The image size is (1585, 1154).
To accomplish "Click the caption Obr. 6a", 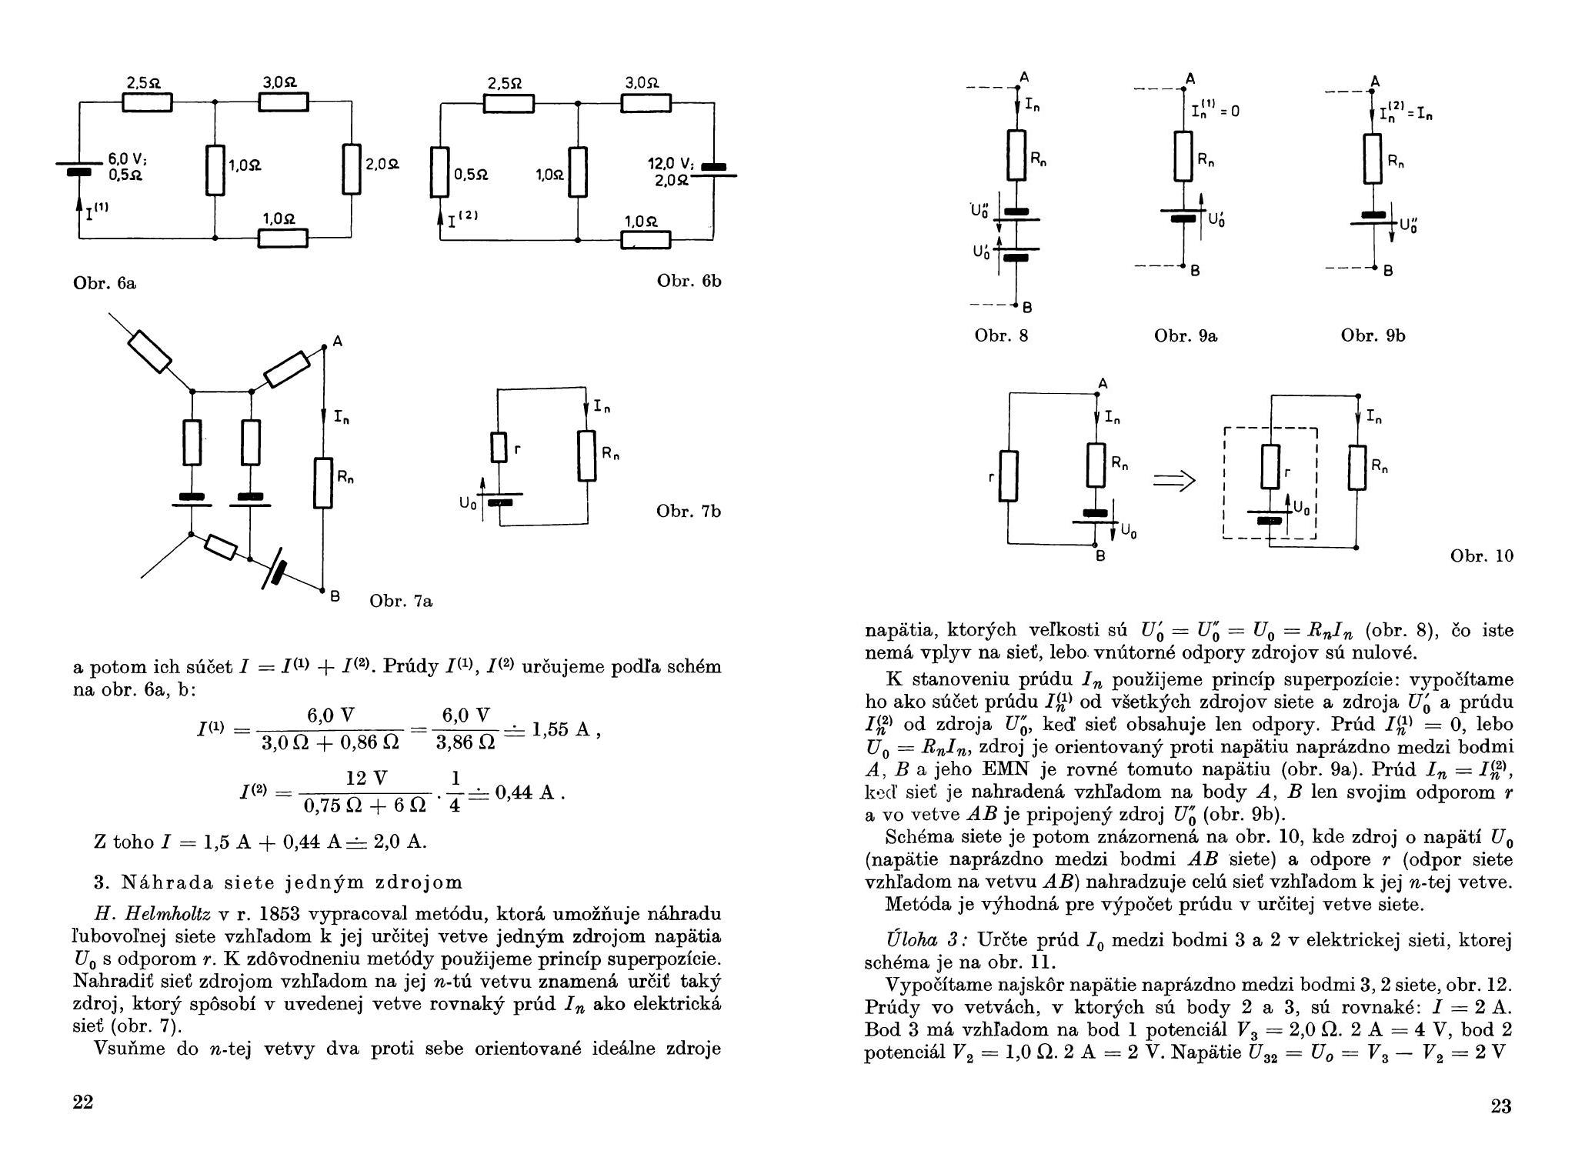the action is click(105, 282).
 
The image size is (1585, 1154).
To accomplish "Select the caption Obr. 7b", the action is click(689, 511).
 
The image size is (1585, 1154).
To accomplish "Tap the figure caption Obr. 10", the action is click(1482, 555).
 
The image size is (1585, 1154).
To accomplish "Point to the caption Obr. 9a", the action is click(1186, 335).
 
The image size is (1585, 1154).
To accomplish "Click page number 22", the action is click(82, 1102).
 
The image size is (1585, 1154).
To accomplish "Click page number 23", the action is click(1501, 1106).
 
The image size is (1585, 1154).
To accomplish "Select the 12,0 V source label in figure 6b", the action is click(671, 164).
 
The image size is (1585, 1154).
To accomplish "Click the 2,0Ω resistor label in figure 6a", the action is click(382, 165).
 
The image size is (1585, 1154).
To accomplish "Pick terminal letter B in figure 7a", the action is click(335, 596).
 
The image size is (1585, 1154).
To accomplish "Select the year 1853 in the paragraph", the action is click(283, 915).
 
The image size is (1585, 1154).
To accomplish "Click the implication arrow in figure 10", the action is click(1174, 482).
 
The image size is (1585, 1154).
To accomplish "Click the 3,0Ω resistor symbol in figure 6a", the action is click(283, 102).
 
